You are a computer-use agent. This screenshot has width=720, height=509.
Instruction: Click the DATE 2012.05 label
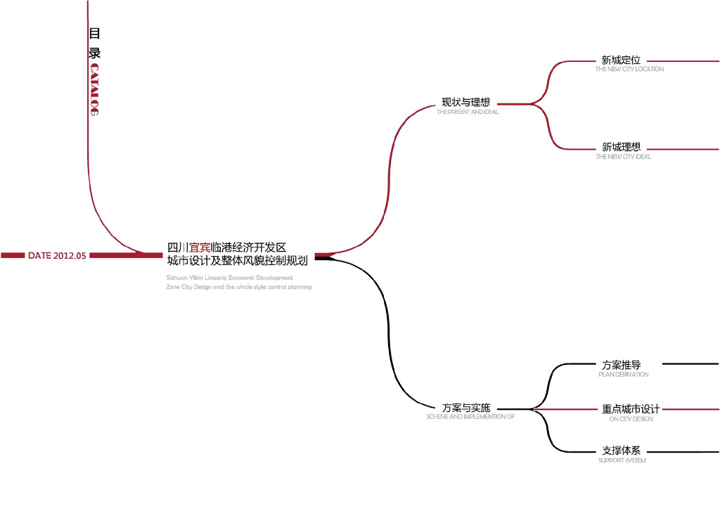click(x=57, y=256)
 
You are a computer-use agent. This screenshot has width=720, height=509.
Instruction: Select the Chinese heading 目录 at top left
click(x=94, y=43)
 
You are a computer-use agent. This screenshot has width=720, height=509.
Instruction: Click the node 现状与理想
click(x=465, y=102)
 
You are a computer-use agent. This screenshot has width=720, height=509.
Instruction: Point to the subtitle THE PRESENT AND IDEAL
click(x=468, y=112)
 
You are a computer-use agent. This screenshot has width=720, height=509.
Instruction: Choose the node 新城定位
click(x=621, y=60)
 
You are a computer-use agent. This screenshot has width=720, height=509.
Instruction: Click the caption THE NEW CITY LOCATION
click(x=629, y=70)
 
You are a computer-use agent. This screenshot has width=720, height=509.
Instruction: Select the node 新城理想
click(x=621, y=148)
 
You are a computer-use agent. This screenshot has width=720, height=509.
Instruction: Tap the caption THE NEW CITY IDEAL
click(x=623, y=157)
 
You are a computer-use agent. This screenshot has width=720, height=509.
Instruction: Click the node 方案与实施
click(x=465, y=408)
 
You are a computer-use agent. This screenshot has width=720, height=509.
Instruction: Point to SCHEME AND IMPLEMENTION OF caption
click(x=470, y=417)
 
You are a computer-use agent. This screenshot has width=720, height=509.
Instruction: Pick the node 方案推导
click(x=622, y=365)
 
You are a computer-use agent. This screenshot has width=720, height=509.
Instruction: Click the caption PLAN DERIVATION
click(x=623, y=375)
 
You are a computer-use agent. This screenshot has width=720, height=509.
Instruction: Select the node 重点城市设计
click(x=631, y=409)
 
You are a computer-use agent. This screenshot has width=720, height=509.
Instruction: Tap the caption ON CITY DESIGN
click(x=631, y=419)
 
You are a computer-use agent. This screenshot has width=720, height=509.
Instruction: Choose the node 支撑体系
click(x=621, y=451)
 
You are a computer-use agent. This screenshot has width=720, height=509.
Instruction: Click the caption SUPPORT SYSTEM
click(x=622, y=460)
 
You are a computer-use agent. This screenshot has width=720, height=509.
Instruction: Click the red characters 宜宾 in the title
click(x=200, y=247)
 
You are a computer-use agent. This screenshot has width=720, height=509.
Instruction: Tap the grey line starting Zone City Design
click(x=239, y=287)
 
